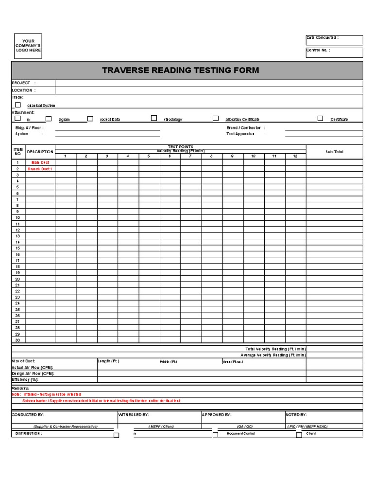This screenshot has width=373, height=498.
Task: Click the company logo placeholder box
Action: pyautogui.click(x=28, y=46)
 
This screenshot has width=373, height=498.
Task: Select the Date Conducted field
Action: pyautogui.click(x=334, y=40)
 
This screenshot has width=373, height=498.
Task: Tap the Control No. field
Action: pyautogui.click(x=334, y=53)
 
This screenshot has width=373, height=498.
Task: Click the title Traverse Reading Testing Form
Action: pyautogui.click(x=180, y=71)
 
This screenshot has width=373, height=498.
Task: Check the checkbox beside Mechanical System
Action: pyautogui.click(x=18, y=105)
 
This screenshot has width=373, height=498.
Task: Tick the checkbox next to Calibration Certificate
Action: pyautogui.click(x=216, y=118)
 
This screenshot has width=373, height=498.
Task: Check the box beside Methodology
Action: pyautogui.click(x=154, y=118)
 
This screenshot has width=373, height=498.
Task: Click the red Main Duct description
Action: pyautogui.click(x=41, y=162)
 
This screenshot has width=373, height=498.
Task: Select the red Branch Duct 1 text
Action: pyautogui.click(x=41, y=169)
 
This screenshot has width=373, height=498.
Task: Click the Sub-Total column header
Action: pyautogui.click(x=334, y=152)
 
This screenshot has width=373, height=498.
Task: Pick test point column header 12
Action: pyautogui.click(x=295, y=156)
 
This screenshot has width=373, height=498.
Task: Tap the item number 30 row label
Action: pyautogui.click(x=17, y=340)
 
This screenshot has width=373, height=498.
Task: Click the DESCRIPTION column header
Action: pyautogui.click(x=40, y=152)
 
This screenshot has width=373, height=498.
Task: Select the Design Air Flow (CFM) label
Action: pyautogui.click(x=33, y=373)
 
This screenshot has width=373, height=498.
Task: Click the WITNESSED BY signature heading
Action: pyautogui.click(x=134, y=415)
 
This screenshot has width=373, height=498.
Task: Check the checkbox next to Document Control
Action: pyautogui.click(x=215, y=435)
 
